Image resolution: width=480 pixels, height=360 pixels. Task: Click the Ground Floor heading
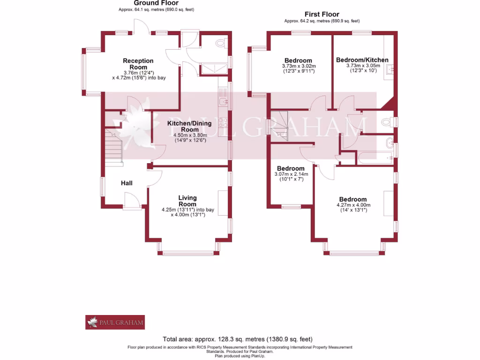[x=149, y=3]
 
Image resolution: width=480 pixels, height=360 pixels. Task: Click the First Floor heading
[x=322, y=15]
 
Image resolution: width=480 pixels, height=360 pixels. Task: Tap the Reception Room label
[x=138, y=64]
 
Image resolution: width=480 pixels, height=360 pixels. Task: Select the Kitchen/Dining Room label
[x=189, y=126]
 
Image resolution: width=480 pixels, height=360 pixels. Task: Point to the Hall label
[x=127, y=183]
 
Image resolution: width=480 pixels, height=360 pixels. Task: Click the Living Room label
[x=187, y=201]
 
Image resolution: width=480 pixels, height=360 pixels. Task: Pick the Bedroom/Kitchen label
[x=362, y=60]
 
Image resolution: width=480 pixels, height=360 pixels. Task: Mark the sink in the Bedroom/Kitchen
[x=390, y=70]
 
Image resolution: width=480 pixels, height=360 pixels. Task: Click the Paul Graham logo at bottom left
[x=115, y=322]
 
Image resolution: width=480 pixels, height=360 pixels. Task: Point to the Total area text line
[x=238, y=339]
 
